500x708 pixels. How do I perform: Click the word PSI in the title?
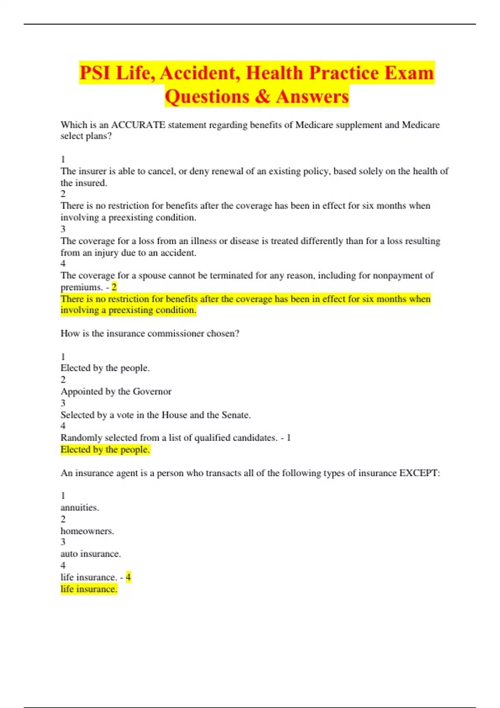click(x=95, y=73)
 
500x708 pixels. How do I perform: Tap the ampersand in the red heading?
click(x=262, y=97)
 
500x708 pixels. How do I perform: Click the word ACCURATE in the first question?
click(x=138, y=125)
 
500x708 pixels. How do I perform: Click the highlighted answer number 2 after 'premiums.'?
click(x=114, y=287)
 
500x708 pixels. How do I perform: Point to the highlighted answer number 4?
click(x=128, y=577)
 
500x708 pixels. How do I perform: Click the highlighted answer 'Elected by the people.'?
click(x=105, y=450)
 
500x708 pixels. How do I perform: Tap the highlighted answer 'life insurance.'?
click(x=89, y=589)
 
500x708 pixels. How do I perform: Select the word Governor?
click(x=152, y=391)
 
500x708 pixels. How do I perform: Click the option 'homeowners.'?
click(x=87, y=531)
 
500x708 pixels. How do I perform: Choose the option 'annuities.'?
click(x=80, y=508)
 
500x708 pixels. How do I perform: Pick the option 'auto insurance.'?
click(x=90, y=554)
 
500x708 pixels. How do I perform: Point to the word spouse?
click(x=147, y=276)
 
